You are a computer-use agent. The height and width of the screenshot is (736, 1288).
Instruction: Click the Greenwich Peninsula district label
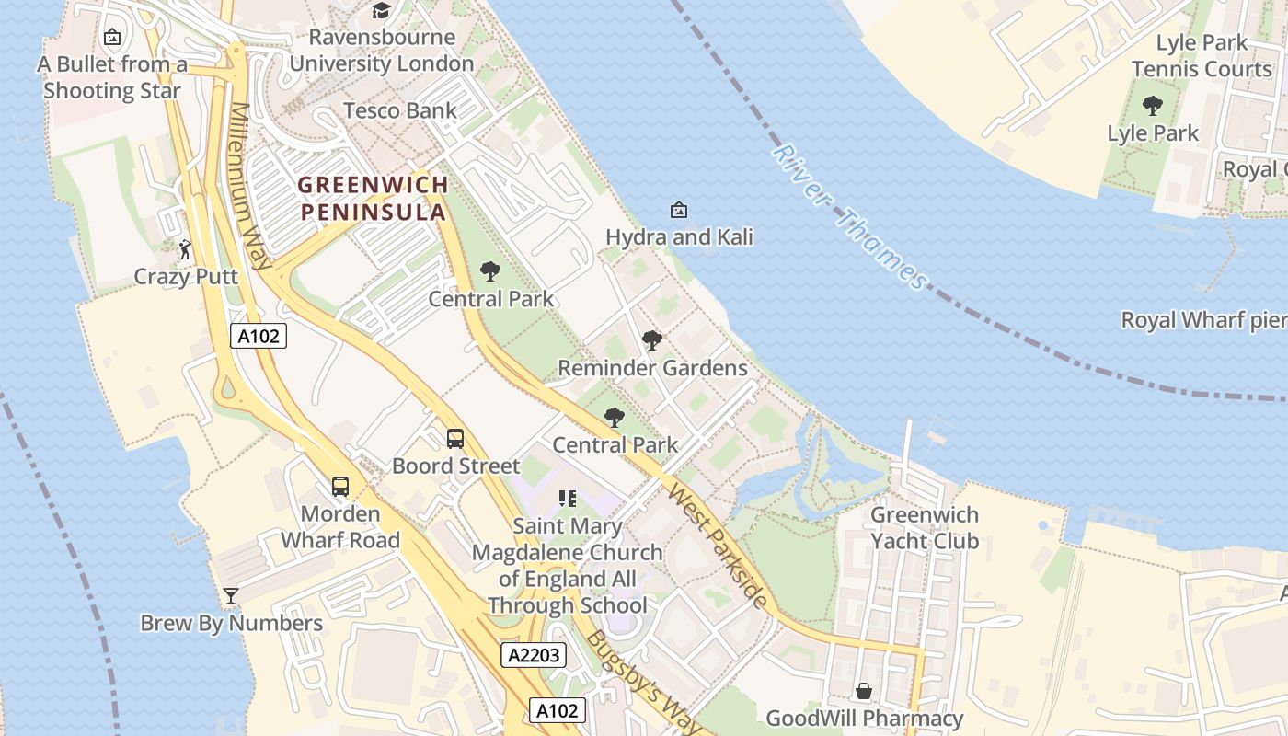pyautogui.click(x=373, y=198)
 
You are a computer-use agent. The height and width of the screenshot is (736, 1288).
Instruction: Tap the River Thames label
pyautogui.click(x=850, y=217)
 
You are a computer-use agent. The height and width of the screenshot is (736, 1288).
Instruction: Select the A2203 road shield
pyautogui.click(x=534, y=655)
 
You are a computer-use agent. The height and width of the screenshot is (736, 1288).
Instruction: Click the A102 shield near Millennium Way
pyautogui.click(x=259, y=336)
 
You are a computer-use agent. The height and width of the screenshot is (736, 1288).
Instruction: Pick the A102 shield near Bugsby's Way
pyautogui.click(x=558, y=710)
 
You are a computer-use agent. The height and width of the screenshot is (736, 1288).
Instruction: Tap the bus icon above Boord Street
pyautogui.click(x=454, y=439)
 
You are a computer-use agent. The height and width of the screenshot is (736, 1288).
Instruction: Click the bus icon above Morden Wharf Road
pyautogui.click(x=340, y=486)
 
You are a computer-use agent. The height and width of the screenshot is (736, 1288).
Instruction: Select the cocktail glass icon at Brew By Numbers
pyautogui.click(x=230, y=596)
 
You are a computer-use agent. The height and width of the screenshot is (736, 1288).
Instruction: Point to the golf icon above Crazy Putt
pyautogui.click(x=185, y=249)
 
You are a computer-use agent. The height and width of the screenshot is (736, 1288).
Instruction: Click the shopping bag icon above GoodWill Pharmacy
pyautogui.click(x=864, y=691)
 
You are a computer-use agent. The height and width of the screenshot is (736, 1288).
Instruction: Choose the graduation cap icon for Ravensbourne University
pyautogui.click(x=381, y=11)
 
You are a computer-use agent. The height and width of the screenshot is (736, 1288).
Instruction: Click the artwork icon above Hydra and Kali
pyautogui.click(x=678, y=210)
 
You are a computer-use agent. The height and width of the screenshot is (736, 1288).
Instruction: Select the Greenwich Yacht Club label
pyautogui.click(x=925, y=528)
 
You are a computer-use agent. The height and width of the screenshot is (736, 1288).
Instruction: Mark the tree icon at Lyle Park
pyautogui.click(x=1152, y=106)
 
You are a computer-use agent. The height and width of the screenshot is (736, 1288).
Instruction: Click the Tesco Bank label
pyautogui.click(x=400, y=111)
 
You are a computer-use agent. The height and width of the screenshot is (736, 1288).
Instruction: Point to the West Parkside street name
pyautogui.click(x=718, y=546)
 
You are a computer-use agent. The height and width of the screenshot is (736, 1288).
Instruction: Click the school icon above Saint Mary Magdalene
pyautogui.click(x=568, y=499)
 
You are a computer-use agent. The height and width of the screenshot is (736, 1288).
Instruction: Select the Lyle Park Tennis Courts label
pyautogui.click(x=1202, y=55)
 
